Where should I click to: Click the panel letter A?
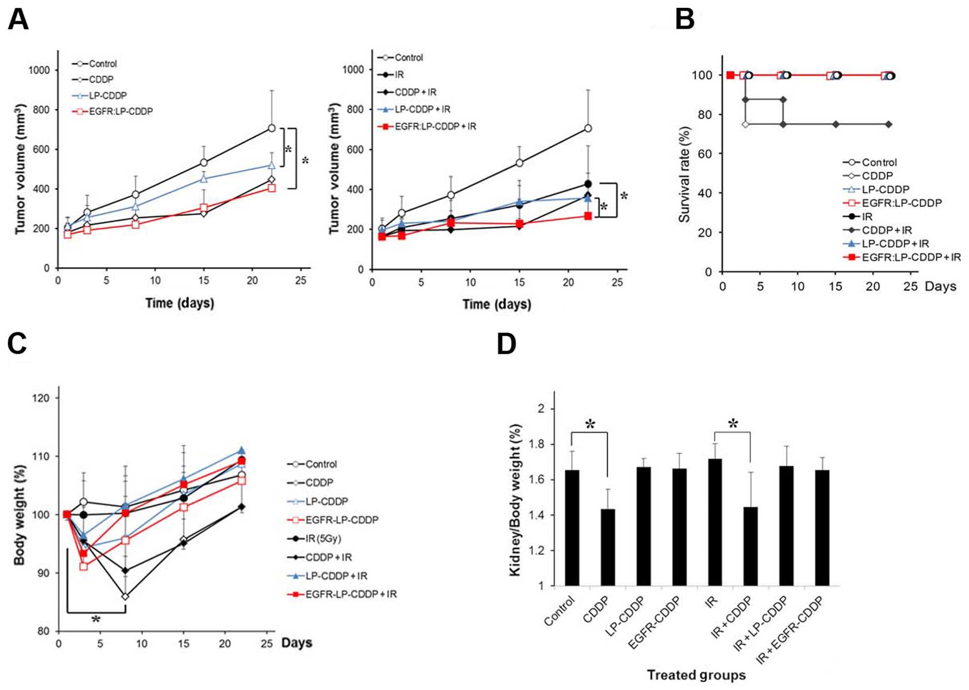(x=18, y=21)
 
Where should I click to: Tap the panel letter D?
(x=506, y=344)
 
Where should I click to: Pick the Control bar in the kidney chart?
(x=572, y=527)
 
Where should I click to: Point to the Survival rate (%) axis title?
(x=684, y=174)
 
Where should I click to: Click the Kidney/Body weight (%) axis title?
(x=515, y=500)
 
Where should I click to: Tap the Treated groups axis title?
(x=696, y=675)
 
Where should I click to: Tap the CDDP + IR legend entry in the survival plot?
(x=886, y=230)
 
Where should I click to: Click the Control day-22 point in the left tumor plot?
(x=272, y=128)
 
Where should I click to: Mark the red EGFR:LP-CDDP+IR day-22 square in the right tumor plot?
(x=588, y=216)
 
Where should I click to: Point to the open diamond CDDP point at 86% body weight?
(x=125, y=596)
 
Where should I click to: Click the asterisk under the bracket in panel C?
(x=96, y=619)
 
